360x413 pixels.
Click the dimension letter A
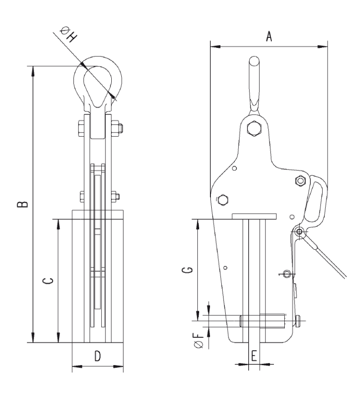pyautogui.click(x=269, y=37)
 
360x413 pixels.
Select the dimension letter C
pyautogui.click(x=48, y=281)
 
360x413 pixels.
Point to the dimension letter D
pyautogui.click(x=98, y=356)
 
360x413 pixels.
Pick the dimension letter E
pyautogui.click(x=254, y=356)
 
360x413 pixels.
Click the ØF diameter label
pyautogui.click(x=198, y=340)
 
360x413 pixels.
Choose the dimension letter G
pyautogui.click(x=187, y=270)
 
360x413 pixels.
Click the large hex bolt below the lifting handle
pyautogui.click(x=254, y=128)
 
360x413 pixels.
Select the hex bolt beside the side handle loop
pyautogui.click(x=300, y=180)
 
